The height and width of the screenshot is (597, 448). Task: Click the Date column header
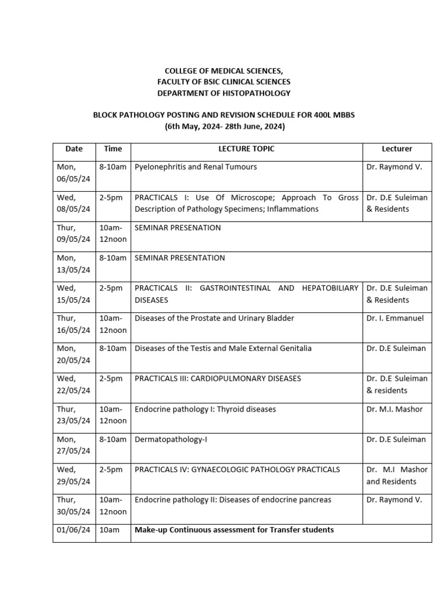73,149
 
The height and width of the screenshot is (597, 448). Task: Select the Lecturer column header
397,149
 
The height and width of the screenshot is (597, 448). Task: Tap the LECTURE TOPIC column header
246,149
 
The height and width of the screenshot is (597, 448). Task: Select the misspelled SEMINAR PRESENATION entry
177,227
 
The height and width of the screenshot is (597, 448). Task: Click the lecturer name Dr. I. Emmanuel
395,318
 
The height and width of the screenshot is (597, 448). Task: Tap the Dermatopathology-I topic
171,439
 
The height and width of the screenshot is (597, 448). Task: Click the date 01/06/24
73,530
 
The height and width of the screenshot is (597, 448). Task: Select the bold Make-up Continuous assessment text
234,530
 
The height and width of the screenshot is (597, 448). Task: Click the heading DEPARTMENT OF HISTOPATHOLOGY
223,93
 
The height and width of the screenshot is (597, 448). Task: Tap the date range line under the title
223,126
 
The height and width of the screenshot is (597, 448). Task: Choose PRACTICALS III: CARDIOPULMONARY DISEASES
218,378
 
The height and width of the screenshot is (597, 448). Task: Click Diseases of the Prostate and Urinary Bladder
214,318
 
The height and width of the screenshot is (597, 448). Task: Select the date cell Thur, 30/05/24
73,505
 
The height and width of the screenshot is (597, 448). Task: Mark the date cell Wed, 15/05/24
73,294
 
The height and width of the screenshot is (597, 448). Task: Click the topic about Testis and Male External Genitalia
223,348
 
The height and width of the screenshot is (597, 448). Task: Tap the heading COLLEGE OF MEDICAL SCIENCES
223,71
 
